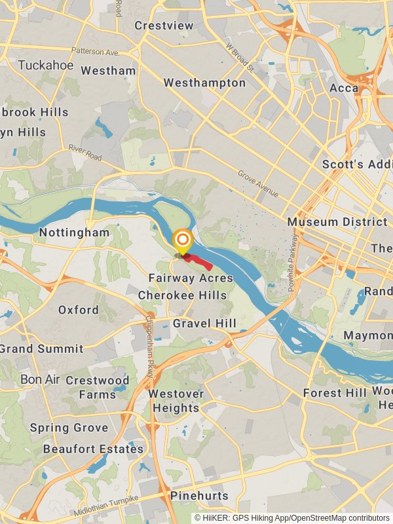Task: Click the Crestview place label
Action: pyautogui.click(x=164, y=26)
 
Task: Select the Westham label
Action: pyautogui.click(x=108, y=71)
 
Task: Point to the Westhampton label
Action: pyautogui.click(x=204, y=83)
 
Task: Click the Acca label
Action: pyautogui.click(x=344, y=88)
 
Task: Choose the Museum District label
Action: pyautogui.click(x=337, y=222)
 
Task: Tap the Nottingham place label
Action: pyautogui.click(x=74, y=233)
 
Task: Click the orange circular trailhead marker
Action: pyautogui.click(x=182, y=240)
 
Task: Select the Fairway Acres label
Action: pyautogui.click(x=191, y=278)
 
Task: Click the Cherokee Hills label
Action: pyautogui.click(x=182, y=295)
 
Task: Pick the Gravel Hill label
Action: pyautogui.click(x=204, y=324)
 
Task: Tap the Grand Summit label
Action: pyautogui.click(x=42, y=348)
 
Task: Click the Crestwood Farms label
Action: pyautogui.click(x=98, y=387)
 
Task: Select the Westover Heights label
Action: pyautogui.click(x=176, y=401)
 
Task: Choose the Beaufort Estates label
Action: pyautogui.click(x=93, y=449)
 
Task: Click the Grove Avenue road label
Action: pyautogui.click(x=258, y=185)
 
